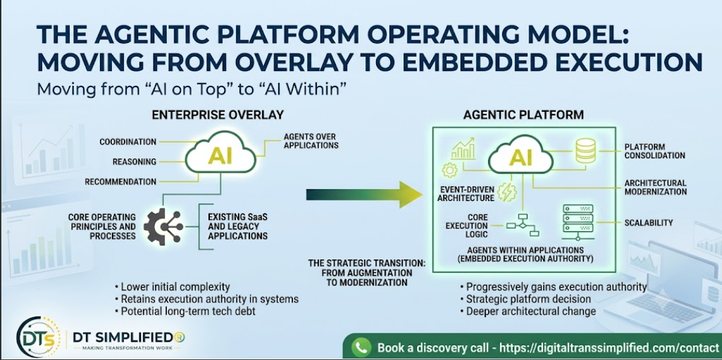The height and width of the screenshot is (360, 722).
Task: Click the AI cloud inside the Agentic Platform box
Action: coord(520,155)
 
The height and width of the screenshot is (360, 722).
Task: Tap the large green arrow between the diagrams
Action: coord(364,194)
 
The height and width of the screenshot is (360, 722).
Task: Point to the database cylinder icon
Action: coord(586,151)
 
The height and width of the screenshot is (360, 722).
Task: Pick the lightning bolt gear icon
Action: coord(508,192)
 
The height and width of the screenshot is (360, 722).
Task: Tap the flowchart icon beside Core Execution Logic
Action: coord(523,225)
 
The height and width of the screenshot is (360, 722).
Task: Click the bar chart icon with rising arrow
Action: coord(463,148)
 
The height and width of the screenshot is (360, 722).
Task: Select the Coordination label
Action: coord(128,142)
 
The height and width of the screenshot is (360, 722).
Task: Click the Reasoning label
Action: coord(135,162)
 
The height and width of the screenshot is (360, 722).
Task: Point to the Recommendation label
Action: coord(121,182)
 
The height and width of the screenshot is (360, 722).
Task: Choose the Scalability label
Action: coord(649,223)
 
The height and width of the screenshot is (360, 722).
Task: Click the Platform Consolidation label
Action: coord(655,151)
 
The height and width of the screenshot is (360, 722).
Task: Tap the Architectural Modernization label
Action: coord(656,187)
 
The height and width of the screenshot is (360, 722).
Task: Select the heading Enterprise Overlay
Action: coord(218,115)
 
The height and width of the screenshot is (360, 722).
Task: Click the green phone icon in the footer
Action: coord(361,347)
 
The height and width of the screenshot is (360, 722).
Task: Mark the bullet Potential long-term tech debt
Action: coord(184,311)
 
